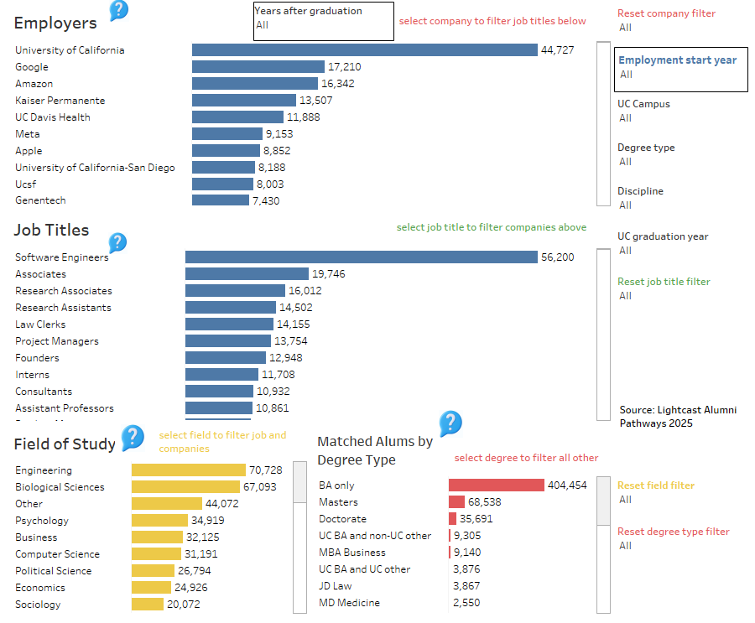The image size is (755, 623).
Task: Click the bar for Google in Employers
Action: point(258,67)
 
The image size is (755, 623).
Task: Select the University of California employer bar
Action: point(364,50)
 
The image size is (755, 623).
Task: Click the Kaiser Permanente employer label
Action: point(60,101)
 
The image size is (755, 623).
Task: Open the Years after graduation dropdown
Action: point(323,21)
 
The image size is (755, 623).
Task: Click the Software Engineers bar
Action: point(361,257)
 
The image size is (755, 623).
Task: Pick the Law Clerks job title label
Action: point(40,324)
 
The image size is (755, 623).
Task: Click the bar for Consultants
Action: point(219,392)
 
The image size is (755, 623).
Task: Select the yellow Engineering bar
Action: point(188,470)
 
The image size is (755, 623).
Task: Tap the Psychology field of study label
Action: point(42,521)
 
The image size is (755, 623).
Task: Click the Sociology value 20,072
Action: point(183,605)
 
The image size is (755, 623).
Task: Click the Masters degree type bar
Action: point(456,502)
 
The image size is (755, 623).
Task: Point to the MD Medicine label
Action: point(349,603)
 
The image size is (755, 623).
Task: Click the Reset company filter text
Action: point(666,13)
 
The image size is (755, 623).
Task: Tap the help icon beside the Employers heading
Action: point(119,11)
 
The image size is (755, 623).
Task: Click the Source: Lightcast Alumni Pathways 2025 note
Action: point(678,417)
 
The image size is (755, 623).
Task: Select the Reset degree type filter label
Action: point(673,532)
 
